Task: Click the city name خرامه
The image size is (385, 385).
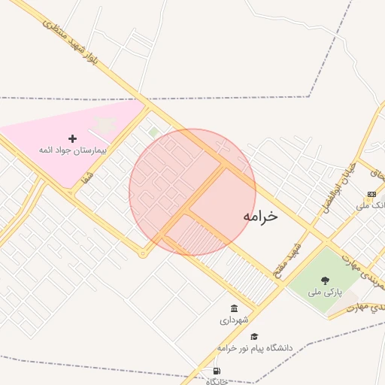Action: point(260,217)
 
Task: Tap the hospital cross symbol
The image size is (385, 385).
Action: point(72,138)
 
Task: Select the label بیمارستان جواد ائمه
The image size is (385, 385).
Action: point(74,150)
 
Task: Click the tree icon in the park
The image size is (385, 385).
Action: point(325,280)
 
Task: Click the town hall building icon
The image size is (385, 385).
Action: point(235,309)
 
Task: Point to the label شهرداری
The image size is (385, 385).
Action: point(235,320)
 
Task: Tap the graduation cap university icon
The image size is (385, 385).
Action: point(254,337)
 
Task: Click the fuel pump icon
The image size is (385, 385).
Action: point(217,371)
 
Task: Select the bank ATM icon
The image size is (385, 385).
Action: point(371,193)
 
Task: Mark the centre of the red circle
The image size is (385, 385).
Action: point(192,192)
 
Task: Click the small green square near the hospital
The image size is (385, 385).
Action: point(154,132)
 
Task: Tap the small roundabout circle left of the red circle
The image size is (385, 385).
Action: point(143,253)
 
